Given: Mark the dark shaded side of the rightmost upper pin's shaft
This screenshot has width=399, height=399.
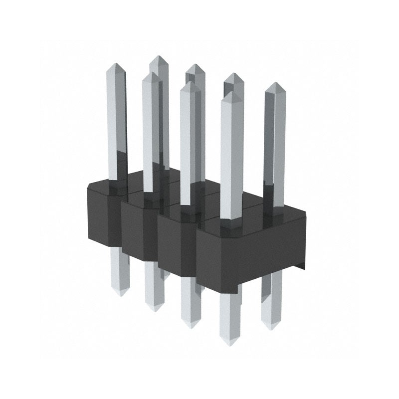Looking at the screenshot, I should click(x=268, y=150).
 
